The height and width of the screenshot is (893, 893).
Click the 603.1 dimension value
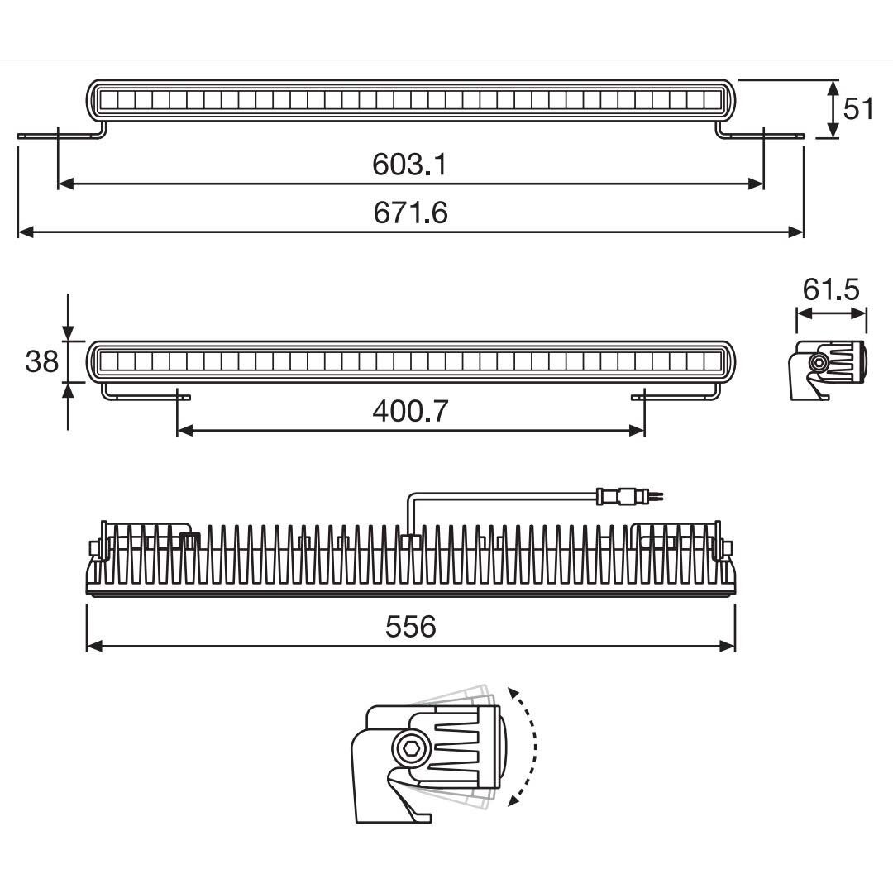click(x=409, y=165)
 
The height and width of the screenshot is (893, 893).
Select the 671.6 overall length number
click(x=410, y=213)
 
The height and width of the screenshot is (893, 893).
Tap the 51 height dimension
click(x=858, y=108)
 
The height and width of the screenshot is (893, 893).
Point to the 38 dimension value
click(x=41, y=361)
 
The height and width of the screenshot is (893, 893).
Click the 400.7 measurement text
click(x=410, y=411)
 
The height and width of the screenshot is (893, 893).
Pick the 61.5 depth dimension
click(x=831, y=290)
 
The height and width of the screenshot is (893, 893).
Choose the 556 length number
click(x=410, y=627)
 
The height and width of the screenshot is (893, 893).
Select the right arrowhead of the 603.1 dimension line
click(x=756, y=184)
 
